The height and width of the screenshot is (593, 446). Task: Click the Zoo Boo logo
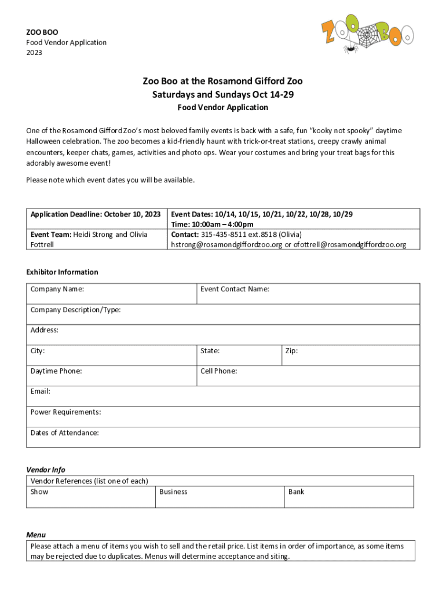click(367, 35)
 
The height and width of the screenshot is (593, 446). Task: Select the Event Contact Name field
click(308, 294)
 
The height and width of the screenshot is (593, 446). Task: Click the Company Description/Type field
click(223, 314)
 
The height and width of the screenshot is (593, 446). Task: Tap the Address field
click(223, 335)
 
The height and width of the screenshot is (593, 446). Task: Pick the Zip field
click(350, 355)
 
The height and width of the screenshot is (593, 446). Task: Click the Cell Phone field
click(308, 375)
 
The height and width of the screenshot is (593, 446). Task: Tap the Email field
click(223, 396)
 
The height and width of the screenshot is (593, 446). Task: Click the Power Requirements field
click(223, 416)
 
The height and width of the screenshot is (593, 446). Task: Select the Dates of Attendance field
click(223, 437)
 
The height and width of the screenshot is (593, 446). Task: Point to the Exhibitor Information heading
click(62, 272)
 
